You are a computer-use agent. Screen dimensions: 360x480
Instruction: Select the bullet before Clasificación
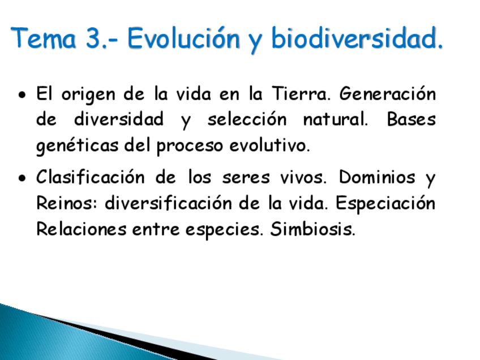pos(22,179)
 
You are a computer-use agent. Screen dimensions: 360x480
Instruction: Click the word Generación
pos(388,93)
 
